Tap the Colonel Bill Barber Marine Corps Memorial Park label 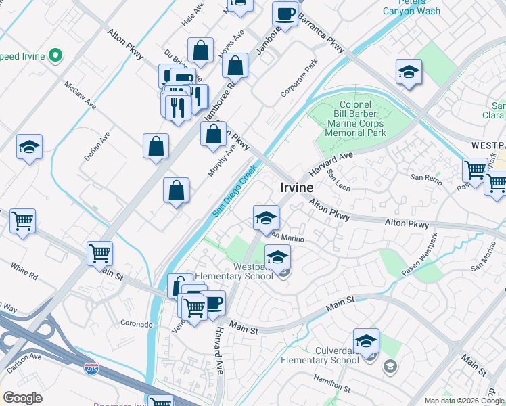(355, 119)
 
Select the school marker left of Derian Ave (30, 148)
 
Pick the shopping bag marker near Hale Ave (201, 51)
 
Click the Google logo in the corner (22, 398)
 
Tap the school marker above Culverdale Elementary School (366, 342)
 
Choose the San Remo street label (425, 177)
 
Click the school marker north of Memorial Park (409, 73)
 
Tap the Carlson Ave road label (22, 357)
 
